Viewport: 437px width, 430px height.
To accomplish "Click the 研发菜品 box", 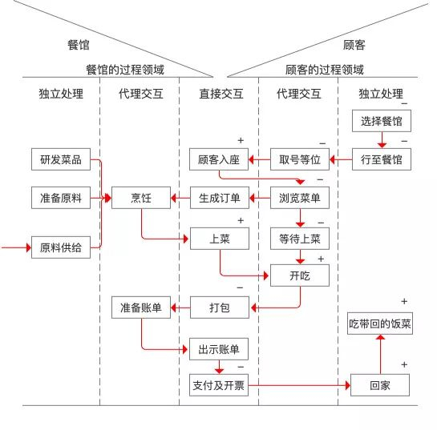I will pyautogui.click(x=61, y=159).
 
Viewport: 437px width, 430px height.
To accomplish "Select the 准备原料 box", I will pyautogui.click(x=61, y=197).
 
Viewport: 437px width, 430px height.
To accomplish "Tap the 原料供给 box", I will pyautogui.click(x=61, y=247).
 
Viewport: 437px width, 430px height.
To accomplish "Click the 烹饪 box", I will pyautogui.click(x=141, y=197).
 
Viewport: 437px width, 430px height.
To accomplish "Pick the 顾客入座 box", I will pyautogui.click(x=220, y=159).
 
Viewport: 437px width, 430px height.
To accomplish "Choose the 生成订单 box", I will pyautogui.click(x=220, y=197).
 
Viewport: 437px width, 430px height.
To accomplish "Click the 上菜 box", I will pyautogui.click(x=220, y=238).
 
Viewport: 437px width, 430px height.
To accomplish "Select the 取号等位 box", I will pyautogui.click(x=299, y=159).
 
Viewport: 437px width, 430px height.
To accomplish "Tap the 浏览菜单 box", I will pyautogui.click(x=299, y=197).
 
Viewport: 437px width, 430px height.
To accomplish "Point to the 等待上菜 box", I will pyautogui.click(x=299, y=238).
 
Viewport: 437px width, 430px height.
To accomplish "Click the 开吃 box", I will pyautogui.click(x=299, y=275).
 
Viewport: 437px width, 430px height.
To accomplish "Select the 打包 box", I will pyautogui.click(x=220, y=307).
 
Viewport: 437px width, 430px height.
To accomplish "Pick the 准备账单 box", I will pyautogui.click(x=141, y=307).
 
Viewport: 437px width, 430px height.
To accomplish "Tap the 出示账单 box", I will pyautogui.click(x=220, y=349).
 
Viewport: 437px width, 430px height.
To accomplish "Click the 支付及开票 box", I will pyautogui.click(x=220, y=385).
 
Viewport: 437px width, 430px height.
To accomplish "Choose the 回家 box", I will pyautogui.click(x=380, y=385).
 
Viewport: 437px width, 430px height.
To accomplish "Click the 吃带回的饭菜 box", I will pyautogui.click(x=380, y=324).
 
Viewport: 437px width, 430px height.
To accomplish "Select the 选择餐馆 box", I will pyautogui.click(x=382, y=122).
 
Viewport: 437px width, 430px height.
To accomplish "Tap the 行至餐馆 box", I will pyautogui.click(x=382, y=159).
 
